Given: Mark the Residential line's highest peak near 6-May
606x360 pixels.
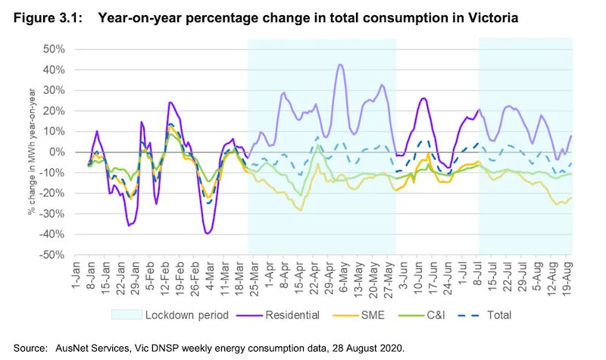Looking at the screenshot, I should click(340, 65).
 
